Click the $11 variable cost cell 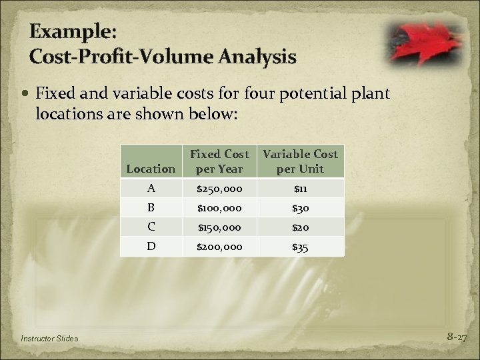pyautogui.click(x=300, y=188)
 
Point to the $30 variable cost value pyautogui.click(x=300, y=207)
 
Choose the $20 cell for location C pyautogui.click(x=300, y=227)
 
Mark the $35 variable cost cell pyautogui.click(x=300, y=246)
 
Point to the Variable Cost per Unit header pyautogui.click(x=300, y=161)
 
